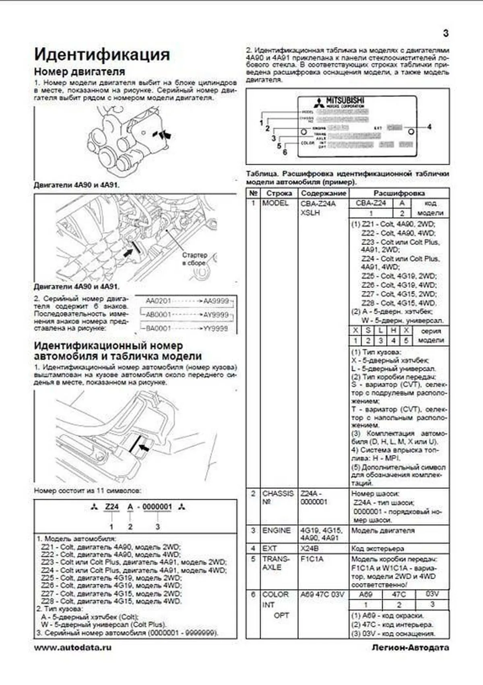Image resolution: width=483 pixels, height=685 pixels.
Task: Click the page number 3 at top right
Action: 446,33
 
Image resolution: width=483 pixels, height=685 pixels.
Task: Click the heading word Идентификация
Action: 102,55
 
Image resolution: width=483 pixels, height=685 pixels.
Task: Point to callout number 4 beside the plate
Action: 429,127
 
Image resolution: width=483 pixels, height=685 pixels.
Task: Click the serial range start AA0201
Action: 158,301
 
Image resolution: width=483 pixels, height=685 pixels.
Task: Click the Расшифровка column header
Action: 398,193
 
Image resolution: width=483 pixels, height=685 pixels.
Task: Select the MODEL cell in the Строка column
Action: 275,203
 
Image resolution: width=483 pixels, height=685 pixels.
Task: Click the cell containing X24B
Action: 310,548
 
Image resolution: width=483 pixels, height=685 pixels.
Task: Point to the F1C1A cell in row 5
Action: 312,559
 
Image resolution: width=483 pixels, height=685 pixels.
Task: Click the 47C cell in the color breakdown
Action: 398,594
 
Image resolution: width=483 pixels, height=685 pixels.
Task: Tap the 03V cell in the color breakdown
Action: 432,594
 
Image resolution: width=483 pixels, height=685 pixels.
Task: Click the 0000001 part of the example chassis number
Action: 157,507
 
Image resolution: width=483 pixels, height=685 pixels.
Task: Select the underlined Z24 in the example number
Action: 111,507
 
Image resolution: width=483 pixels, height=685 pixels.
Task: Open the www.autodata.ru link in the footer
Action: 72,647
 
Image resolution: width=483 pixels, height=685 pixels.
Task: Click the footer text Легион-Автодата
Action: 410,647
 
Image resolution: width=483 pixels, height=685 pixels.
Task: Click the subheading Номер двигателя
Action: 79,72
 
